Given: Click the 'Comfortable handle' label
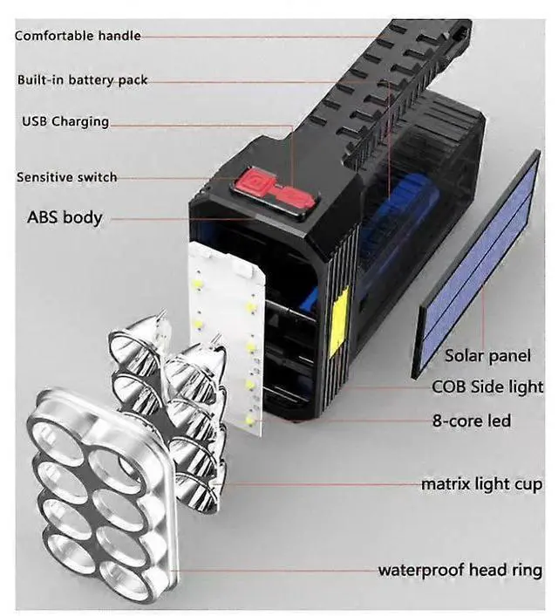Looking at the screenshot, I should tap(78, 36).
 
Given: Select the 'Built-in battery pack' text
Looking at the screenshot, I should tap(83, 79).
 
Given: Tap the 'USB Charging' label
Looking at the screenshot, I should tap(65, 121).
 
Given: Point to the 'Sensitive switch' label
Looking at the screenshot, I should tap(66, 177).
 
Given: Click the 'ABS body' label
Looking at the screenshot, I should tap(65, 217).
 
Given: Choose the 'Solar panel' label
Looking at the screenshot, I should tap(487, 355).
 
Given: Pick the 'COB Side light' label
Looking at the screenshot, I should tap(487, 387).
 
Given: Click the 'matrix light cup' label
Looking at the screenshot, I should tap(481, 483).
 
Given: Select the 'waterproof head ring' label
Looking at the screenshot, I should tap(459, 571).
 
